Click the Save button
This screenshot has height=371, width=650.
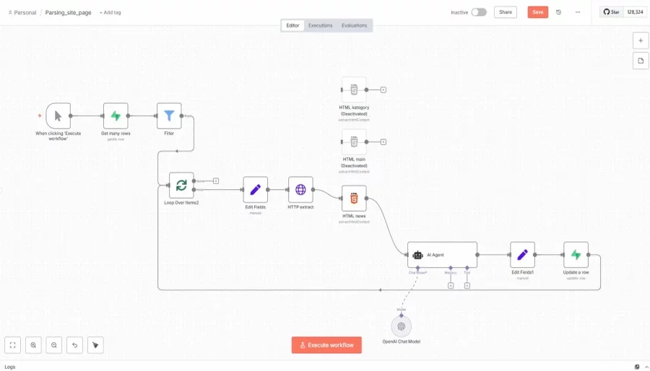tap(537, 12)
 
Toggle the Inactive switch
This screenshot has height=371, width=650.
tap(479, 12)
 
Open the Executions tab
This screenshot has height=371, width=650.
tap(320, 25)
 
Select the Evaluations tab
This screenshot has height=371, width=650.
tap(354, 25)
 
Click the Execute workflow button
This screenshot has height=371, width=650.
tap(326, 345)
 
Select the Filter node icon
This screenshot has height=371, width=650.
tap(169, 115)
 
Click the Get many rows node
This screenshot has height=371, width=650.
tap(116, 115)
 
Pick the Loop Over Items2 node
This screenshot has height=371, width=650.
tap(181, 185)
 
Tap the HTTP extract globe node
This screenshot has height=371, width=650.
tap(300, 190)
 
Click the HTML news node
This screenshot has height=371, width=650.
tap(354, 198)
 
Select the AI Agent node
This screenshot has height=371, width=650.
tap(442, 255)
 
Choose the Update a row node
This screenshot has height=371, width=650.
tap(576, 255)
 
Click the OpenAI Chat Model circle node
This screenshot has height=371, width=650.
tap(402, 326)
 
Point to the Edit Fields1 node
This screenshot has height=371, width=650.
tap(522, 255)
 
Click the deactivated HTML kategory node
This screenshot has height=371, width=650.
tap(354, 90)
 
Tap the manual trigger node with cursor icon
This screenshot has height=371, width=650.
tap(58, 115)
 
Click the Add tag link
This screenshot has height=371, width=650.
tap(110, 12)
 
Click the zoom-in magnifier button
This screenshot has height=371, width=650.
tap(33, 345)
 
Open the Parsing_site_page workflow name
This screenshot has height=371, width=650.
tap(69, 12)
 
